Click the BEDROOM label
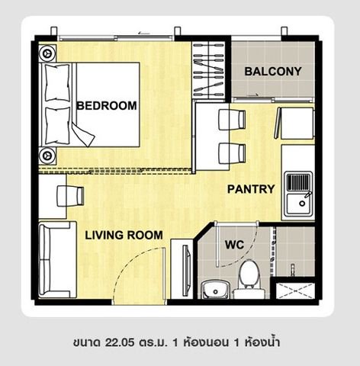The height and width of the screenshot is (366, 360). click(x=107, y=105)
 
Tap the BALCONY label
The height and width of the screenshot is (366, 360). click(x=273, y=72)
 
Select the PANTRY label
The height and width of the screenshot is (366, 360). click(x=251, y=189)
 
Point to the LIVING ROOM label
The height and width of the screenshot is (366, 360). click(x=124, y=235)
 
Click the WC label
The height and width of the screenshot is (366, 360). click(x=234, y=245)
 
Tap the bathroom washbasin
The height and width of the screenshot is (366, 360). click(x=215, y=291)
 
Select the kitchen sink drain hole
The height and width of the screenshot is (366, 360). click(x=302, y=203)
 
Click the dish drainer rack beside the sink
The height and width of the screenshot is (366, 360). click(x=298, y=181)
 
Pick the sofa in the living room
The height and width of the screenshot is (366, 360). click(x=58, y=259)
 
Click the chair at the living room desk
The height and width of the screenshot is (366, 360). click(x=70, y=196)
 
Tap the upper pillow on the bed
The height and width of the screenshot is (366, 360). click(x=57, y=83)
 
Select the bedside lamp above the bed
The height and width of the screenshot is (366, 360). click(x=47, y=53)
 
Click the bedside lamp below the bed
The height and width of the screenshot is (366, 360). click(x=47, y=155)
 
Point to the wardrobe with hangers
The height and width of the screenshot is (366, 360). click(x=209, y=70)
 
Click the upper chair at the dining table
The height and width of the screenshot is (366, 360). click(x=232, y=120)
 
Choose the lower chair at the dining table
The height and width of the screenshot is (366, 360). click(x=232, y=153)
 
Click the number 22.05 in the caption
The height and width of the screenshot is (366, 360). click(x=120, y=342)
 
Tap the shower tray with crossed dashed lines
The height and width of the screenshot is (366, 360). click(x=295, y=291)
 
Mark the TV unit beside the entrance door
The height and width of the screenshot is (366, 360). click(x=182, y=269)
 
